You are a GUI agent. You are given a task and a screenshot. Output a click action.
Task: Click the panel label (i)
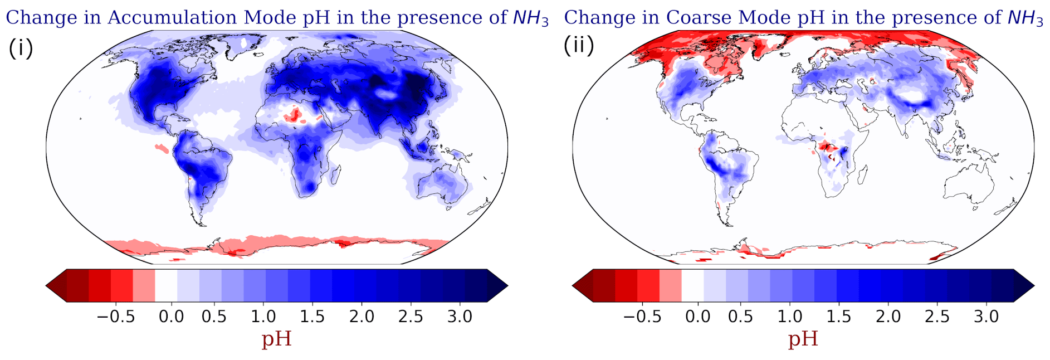(x=21, y=48)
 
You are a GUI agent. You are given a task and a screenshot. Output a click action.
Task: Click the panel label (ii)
(x=579, y=45)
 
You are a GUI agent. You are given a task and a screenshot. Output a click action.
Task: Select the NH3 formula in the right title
(x=1025, y=18)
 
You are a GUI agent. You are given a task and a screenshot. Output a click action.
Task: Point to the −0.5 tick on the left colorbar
(x=116, y=317)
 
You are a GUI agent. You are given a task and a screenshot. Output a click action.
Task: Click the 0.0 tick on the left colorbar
(x=171, y=317)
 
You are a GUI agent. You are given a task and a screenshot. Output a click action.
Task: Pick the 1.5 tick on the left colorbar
(x=312, y=317)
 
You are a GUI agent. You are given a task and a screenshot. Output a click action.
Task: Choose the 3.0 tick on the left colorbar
(x=460, y=317)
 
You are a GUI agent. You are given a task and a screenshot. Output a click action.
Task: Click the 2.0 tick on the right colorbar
(x=888, y=317)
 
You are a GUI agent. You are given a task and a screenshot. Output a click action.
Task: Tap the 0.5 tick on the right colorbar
(x=740, y=317)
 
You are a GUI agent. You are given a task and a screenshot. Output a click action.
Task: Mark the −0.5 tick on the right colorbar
(x=642, y=317)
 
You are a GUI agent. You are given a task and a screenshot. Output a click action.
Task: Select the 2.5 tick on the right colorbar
(x=937, y=317)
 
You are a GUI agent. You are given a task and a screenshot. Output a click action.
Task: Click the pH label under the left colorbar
(x=276, y=339)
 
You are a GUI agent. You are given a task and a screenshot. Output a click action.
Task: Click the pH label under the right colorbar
(x=803, y=339)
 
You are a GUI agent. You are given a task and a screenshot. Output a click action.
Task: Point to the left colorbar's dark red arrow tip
(x=46, y=286)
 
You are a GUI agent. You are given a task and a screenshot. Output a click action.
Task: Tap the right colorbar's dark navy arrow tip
(x=1034, y=286)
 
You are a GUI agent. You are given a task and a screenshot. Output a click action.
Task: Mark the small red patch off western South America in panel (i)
(x=162, y=148)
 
